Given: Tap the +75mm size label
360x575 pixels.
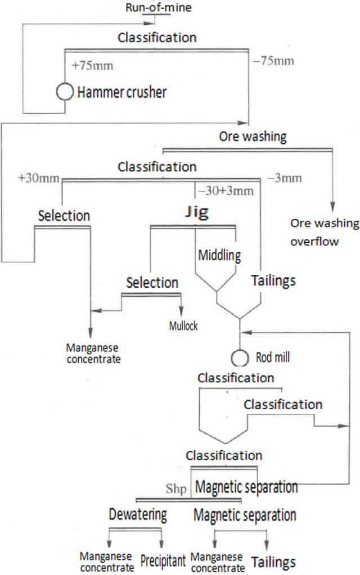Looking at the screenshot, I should pyautogui.click(x=93, y=65).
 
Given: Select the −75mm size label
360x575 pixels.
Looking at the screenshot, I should pyautogui.click(x=273, y=61).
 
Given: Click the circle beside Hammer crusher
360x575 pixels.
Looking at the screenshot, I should pyautogui.click(x=66, y=92).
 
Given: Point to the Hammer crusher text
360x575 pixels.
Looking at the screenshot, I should pyautogui.click(x=121, y=92).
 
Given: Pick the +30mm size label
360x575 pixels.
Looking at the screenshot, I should pyautogui.click(x=38, y=179).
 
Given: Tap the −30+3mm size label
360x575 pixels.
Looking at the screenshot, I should pyautogui.click(x=224, y=190).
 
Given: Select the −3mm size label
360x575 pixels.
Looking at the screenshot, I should pyautogui.click(x=285, y=179).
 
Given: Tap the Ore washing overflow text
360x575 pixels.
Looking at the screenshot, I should pyautogui.click(x=324, y=232).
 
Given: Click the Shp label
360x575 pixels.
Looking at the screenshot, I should pyautogui.click(x=177, y=488).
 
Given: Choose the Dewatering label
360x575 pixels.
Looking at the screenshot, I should pyautogui.click(x=138, y=514).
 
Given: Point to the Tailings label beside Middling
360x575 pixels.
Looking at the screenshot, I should pyautogui.click(x=274, y=279).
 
